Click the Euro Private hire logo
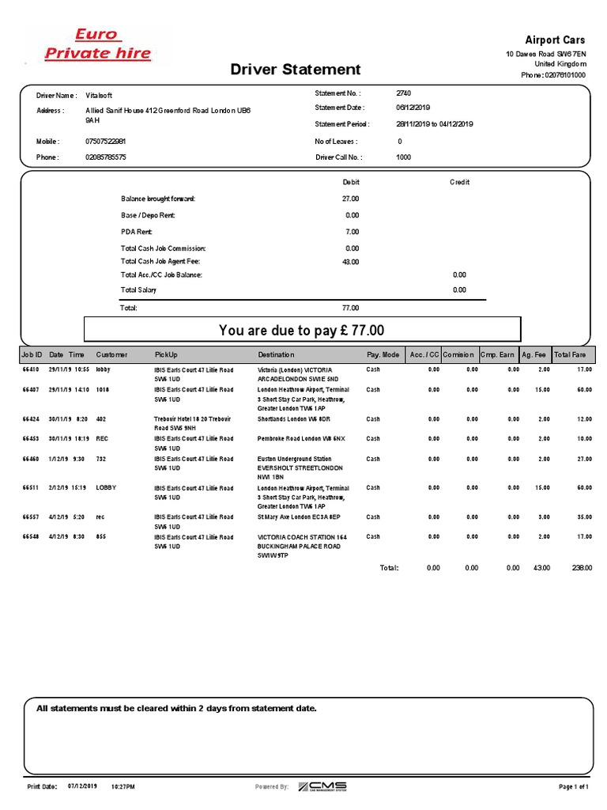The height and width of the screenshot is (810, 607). (x=96, y=44)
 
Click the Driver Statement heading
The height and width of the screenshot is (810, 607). (x=296, y=70)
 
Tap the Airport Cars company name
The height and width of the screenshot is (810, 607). (x=556, y=40)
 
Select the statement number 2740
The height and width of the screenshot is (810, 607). (x=404, y=93)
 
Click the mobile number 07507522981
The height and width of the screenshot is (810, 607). (x=106, y=142)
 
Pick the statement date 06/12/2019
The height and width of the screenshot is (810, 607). (x=412, y=108)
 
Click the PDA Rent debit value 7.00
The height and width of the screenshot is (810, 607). (x=353, y=232)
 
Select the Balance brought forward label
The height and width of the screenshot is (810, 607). (x=157, y=199)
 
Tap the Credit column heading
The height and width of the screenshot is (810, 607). (x=459, y=182)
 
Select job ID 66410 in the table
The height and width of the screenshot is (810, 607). (x=31, y=369)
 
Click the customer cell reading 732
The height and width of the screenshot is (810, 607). (x=101, y=458)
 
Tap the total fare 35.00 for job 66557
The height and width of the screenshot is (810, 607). (x=584, y=517)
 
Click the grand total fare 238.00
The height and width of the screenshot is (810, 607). (x=582, y=568)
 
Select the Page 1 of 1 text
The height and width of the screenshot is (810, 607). (x=574, y=787)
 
